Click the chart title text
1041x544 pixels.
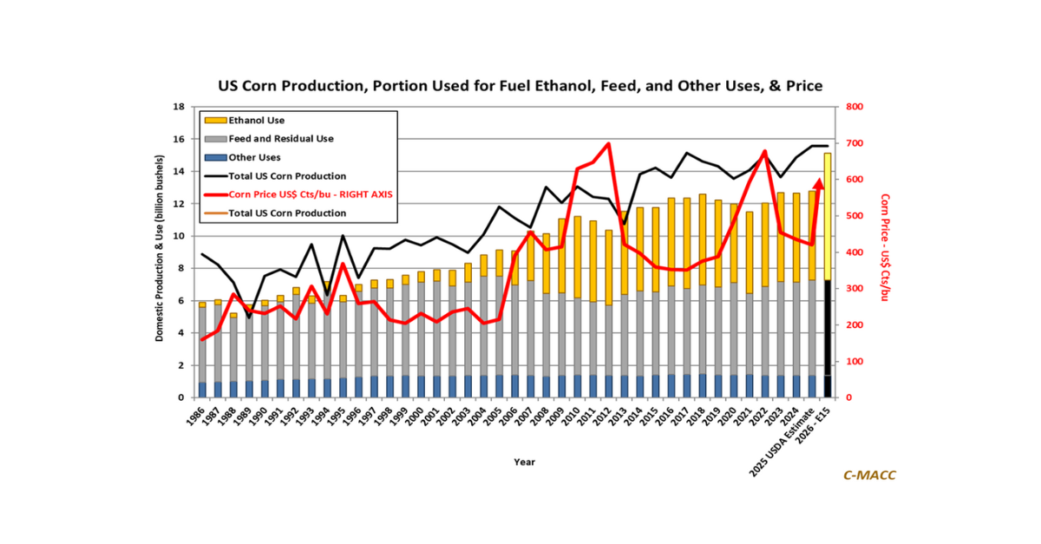coord(520,86)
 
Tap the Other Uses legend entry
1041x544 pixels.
coord(255,157)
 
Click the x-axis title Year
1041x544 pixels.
coord(524,462)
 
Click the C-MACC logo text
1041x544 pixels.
coord(869,475)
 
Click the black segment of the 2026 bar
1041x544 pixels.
coord(828,338)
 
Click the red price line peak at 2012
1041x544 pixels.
coord(608,144)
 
